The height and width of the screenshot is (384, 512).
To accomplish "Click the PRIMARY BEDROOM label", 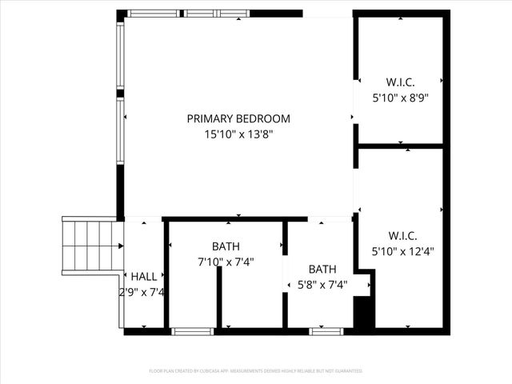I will tap(238, 118).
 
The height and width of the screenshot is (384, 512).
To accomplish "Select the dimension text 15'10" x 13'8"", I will tap(238, 136).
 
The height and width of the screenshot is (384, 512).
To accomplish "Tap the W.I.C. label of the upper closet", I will tap(401, 81).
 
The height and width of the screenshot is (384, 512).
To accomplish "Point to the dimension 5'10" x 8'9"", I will tap(401, 98).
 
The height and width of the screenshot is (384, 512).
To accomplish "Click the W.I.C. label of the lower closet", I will tap(401, 235).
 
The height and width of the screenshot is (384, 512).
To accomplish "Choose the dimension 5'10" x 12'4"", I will tap(401, 251).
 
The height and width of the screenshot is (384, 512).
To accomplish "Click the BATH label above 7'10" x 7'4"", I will tap(226, 246).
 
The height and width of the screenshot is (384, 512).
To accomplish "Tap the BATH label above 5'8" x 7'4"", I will tap(322, 269).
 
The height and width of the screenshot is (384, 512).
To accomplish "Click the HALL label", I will tap(144, 276).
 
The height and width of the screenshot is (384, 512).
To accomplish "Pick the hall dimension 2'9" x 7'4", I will tap(142, 293).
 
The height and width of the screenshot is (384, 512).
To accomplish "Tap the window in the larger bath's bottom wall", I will tap(194, 330).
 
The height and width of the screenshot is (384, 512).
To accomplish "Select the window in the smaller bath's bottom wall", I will tap(326, 330).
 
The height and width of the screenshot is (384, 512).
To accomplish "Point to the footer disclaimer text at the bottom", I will tap(256, 371).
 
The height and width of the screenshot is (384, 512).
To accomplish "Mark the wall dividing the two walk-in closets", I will tap(400, 146).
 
